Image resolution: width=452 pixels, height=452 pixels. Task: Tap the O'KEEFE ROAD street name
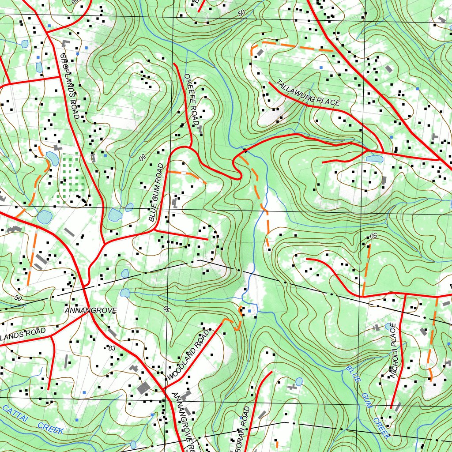(x=192, y=99)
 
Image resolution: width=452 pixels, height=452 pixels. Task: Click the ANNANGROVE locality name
(x=90, y=311)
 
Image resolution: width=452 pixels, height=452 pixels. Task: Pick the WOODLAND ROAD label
(x=187, y=357)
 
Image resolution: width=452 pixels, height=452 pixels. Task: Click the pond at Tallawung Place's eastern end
(x=374, y=158)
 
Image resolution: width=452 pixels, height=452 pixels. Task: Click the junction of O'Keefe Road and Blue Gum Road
(x=191, y=146)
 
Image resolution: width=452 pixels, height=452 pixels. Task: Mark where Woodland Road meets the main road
(x=164, y=389)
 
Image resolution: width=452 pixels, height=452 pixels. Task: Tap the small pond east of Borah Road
(x=299, y=381)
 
